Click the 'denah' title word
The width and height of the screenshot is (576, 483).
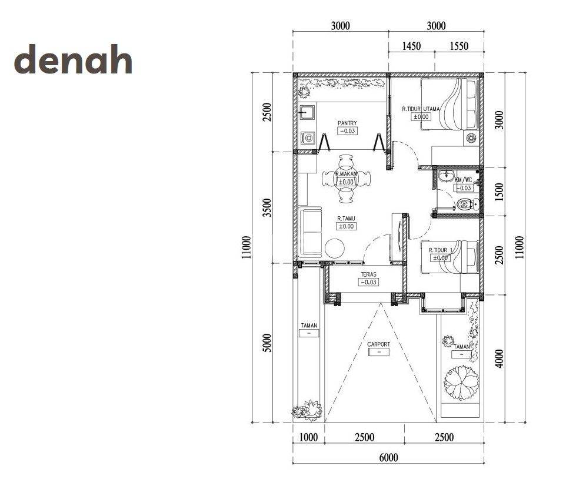pyautogui.click(x=73, y=59)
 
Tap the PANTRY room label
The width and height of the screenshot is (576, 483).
pyautogui.click(x=347, y=123)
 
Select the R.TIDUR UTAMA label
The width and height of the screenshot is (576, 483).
pyautogui.click(x=421, y=109)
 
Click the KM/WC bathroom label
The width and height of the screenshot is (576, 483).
pyautogui.click(x=463, y=180)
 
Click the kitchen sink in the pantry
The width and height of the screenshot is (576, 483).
pyautogui.click(x=307, y=112)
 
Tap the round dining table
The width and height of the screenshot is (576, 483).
pyautogui.click(x=346, y=179)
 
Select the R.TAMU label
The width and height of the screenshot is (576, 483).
pyautogui.click(x=346, y=219)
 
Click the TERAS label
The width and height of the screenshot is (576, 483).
pyautogui.click(x=368, y=274)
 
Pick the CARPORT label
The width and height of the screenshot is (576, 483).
pyautogui.click(x=378, y=344)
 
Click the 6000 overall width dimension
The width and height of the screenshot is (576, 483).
pyautogui.click(x=388, y=457)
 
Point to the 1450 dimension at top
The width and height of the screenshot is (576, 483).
pyautogui.click(x=411, y=46)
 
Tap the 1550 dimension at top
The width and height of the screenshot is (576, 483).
pyautogui.click(x=459, y=46)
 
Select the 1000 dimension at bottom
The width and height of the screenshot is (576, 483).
pyautogui.click(x=308, y=437)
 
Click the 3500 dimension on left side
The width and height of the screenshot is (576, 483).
pyautogui.click(x=268, y=207)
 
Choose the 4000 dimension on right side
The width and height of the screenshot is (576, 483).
pyautogui.click(x=499, y=358)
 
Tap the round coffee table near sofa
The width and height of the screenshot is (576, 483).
pyautogui.click(x=335, y=249)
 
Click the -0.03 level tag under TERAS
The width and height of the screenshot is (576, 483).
pyautogui.click(x=368, y=282)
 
